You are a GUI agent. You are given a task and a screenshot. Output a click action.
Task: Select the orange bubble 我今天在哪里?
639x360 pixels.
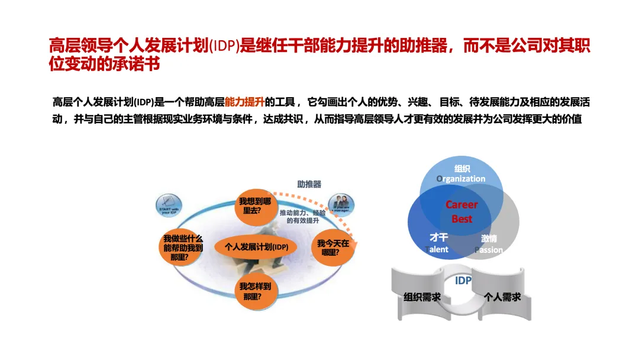(333, 247)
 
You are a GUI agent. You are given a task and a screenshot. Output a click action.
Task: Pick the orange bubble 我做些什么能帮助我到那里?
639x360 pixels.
(183, 247)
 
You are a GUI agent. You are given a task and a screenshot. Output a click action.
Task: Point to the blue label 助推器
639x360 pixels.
(309, 184)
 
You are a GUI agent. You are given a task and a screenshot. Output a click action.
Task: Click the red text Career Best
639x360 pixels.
(461, 211)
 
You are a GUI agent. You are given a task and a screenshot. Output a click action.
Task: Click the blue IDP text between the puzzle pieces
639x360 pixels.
(463, 281)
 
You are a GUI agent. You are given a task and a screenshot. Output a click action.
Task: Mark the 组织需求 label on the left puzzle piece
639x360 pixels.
(422, 297)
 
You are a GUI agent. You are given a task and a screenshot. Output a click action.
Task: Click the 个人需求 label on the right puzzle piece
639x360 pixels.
(502, 297)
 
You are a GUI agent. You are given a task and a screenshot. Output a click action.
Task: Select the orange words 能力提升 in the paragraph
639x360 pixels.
(244, 102)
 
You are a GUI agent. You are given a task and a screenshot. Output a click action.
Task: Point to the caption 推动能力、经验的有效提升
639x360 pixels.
(303, 216)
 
